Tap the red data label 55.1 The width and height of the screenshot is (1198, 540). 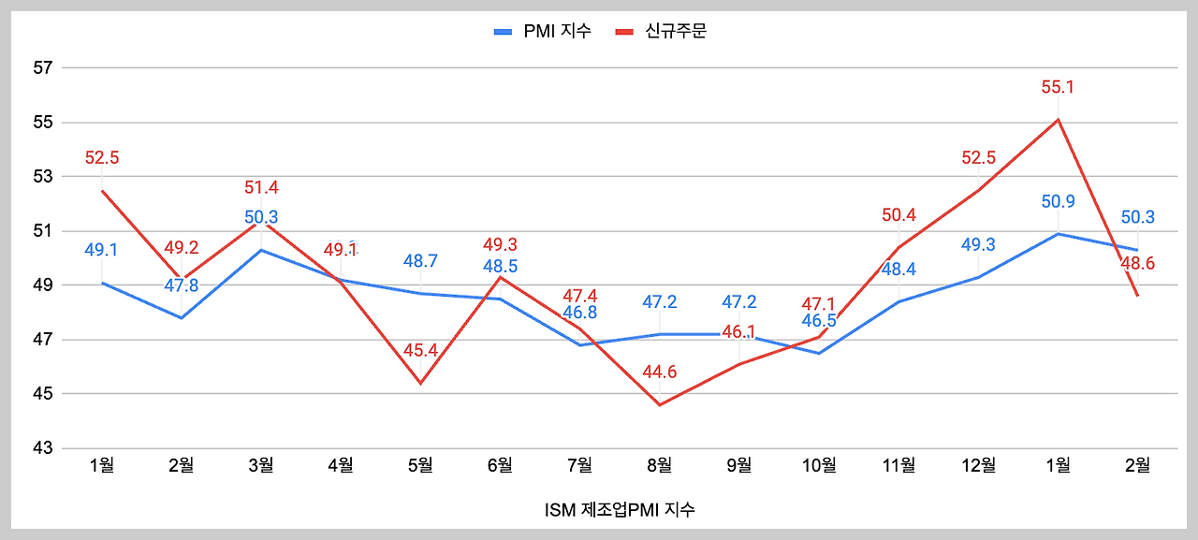[1058, 87]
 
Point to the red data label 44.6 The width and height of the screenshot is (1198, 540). [660, 372]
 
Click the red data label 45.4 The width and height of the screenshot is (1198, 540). [420, 351]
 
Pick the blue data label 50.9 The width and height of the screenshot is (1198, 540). [1058, 201]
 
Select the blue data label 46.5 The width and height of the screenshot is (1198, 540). [819, 321]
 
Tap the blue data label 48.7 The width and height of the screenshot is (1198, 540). [420, 261]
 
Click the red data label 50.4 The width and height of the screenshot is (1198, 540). [898, 216]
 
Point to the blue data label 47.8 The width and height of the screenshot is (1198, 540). [182, 285]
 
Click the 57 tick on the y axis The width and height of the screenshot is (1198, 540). [42, 68]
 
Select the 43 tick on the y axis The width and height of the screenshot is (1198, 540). [42, 448]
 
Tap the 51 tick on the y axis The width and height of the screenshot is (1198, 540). [42, 231]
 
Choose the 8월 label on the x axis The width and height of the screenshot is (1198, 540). [660, 465]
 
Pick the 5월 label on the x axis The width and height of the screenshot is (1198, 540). [420, 465]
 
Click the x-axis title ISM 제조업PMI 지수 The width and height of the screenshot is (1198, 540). [620, 510]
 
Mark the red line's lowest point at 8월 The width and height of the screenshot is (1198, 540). [660, 404]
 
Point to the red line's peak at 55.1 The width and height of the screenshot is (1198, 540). [1058, 120]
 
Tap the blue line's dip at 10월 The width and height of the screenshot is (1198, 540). [819, 353]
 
